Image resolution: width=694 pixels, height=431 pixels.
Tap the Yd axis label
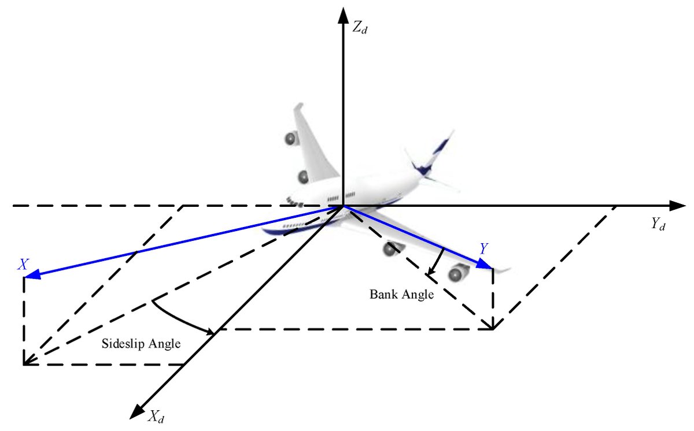(x=658, y=224)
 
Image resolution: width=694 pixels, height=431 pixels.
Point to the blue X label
(x=23, y=265)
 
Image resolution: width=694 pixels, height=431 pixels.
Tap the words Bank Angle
(x=401, y=294)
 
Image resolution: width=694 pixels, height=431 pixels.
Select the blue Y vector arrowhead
(x=485, y=265)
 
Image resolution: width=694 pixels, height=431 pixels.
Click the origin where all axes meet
(x=344, y=206)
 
